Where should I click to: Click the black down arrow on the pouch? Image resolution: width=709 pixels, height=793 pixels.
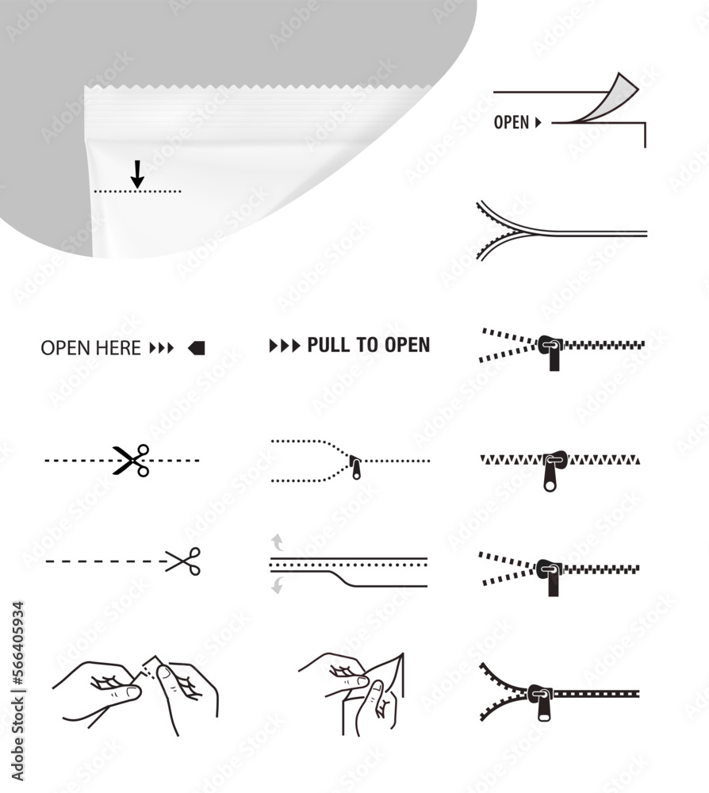[137, 174]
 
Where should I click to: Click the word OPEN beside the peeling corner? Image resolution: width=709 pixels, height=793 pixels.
[511, 123]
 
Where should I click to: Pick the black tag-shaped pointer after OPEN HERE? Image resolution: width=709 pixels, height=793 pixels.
[197, 347]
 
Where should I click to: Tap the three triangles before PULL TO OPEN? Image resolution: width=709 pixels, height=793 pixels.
[285, 346]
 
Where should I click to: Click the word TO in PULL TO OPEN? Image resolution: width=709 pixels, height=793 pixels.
[374, 345]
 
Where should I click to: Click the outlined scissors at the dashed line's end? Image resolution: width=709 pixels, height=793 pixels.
[184, 561]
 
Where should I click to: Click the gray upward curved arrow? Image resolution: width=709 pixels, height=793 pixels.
[277, 542]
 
